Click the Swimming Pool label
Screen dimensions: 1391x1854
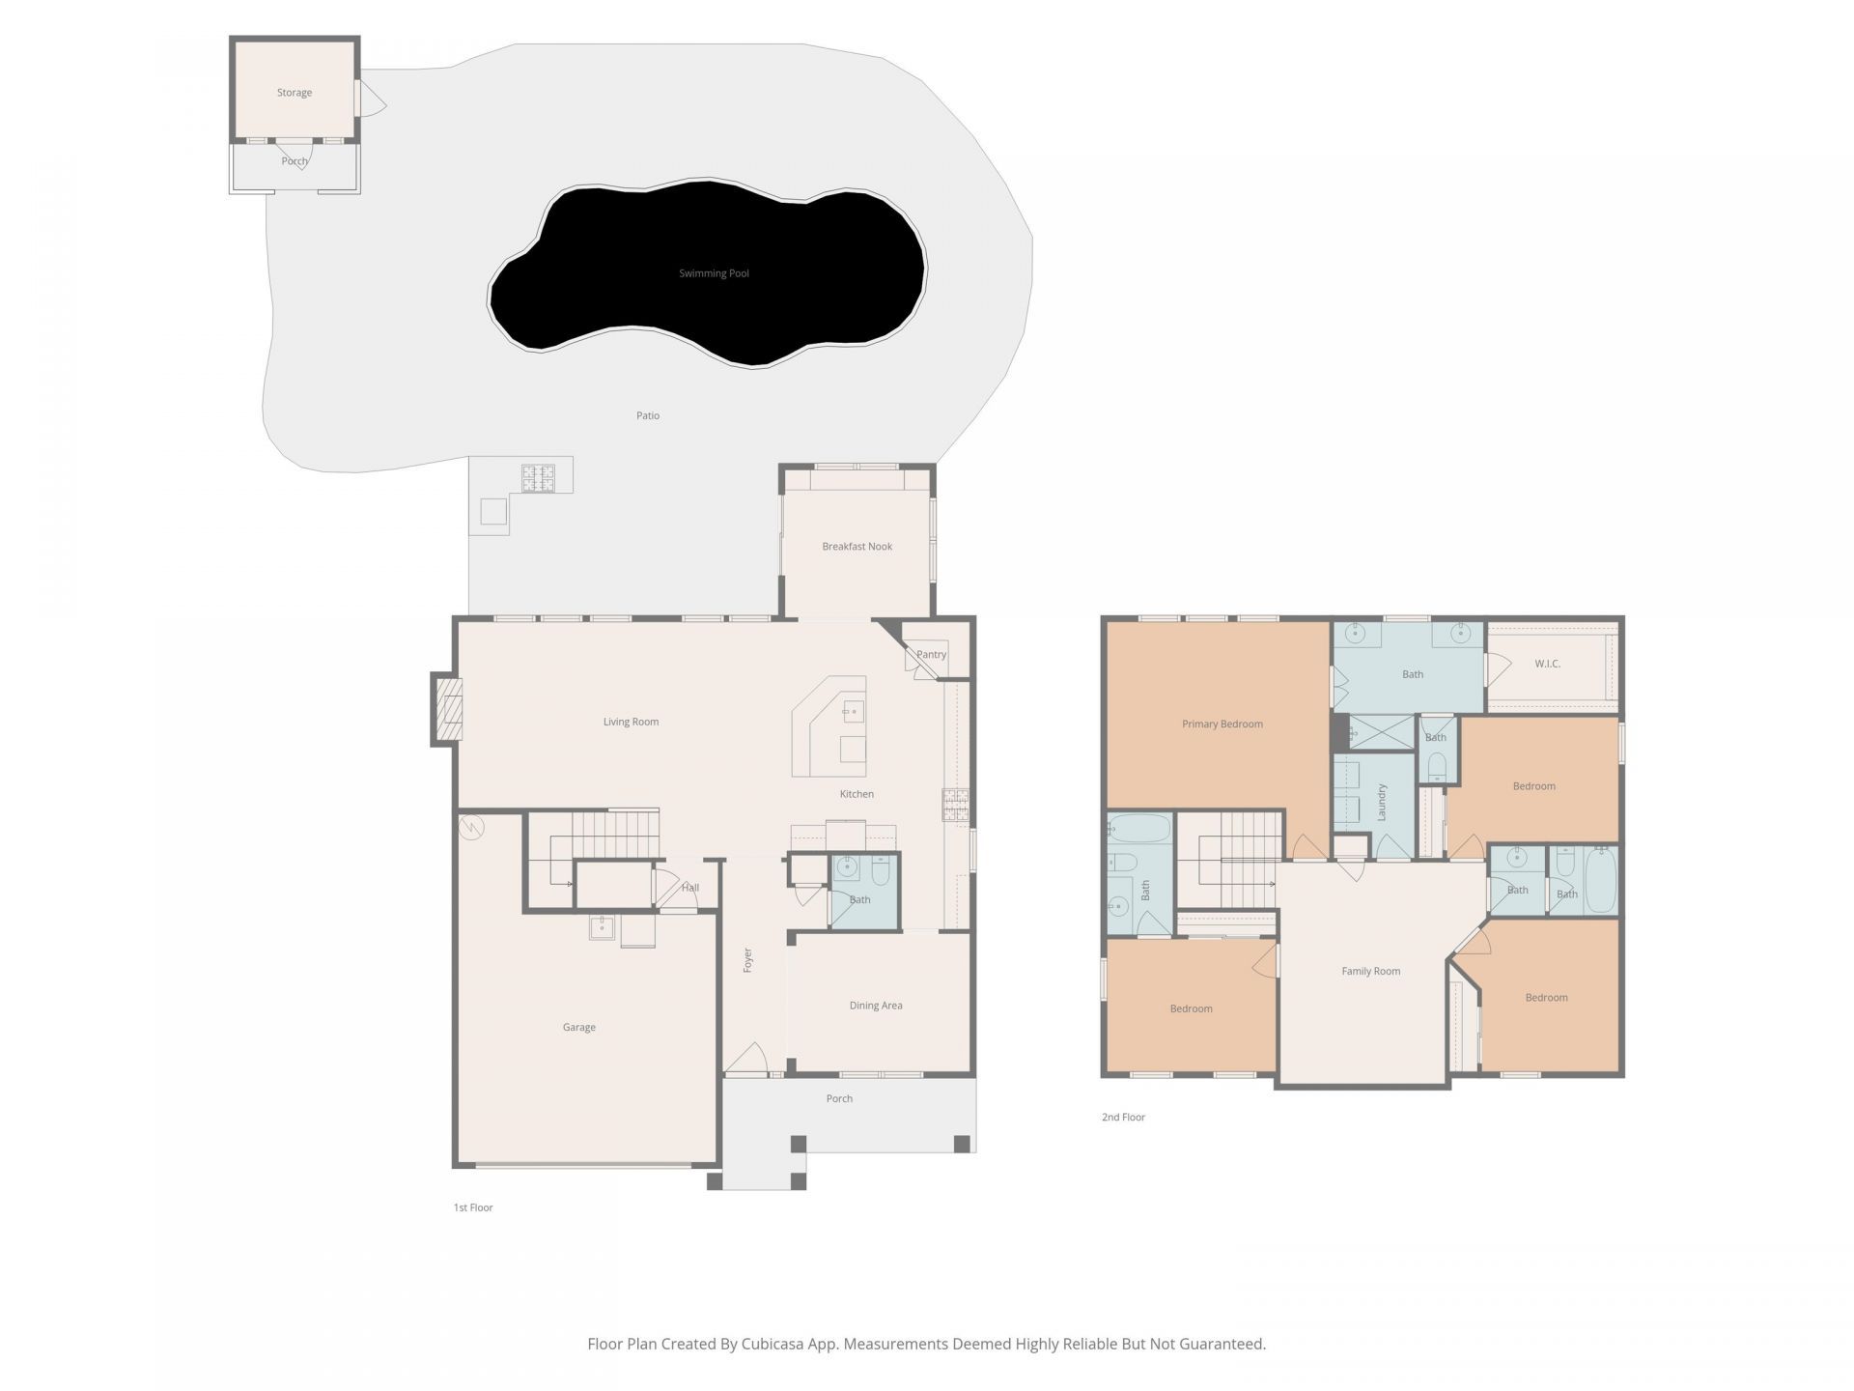click(714, 273)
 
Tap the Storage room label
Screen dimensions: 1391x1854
click(295, 93)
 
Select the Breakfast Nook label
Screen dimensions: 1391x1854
click(857, 547)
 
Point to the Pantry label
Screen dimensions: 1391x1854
click(931, 654)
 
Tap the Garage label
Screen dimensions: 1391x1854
click(578, 1027)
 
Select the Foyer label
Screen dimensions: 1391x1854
click(747, 959)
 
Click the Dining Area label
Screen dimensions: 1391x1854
click(876, 1006)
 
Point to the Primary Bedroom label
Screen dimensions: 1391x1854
click(1222, 724)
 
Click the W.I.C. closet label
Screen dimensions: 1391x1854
click(1547, 664)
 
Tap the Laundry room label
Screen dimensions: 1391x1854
click(1382, 802)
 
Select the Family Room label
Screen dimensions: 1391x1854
click(1370, 971)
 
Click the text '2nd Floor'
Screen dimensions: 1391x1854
click(1123, 1117)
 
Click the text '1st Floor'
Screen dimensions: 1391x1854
click(473, 1207)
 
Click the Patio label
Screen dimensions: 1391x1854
click(648, 415)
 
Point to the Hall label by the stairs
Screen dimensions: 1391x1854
click(689, 888)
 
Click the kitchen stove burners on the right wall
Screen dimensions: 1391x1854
click(956, 806)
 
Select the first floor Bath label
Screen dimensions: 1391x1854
click(859, 899)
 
